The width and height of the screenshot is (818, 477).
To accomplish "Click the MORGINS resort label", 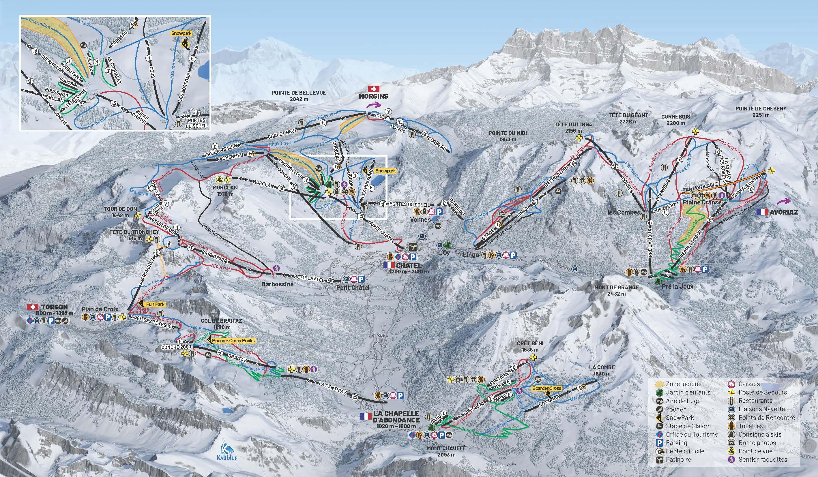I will (x=373, y=96).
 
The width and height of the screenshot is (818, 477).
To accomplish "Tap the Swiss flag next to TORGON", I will (x=31, y=307).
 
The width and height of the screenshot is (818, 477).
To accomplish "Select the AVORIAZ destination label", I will (x=784, y=212).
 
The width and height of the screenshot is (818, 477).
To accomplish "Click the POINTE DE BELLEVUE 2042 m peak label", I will (x=299, y=96).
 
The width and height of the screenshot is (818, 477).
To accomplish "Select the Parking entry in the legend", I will (x=676, y=443).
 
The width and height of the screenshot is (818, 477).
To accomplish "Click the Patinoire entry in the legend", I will (x=678, y=459).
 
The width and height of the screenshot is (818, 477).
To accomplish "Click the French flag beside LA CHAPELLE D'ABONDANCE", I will (x=366, y=417).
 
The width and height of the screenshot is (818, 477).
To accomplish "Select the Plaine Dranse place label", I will (x=702, y=202).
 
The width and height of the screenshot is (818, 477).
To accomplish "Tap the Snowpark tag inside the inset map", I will (x=181, y=33).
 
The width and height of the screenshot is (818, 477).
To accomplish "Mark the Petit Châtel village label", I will (x=352, y=288).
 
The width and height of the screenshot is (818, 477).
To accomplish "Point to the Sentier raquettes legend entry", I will (x=763, y=459).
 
